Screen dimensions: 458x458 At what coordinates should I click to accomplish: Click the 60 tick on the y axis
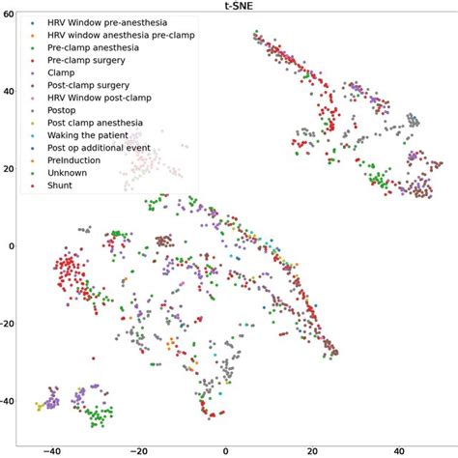(x=10, y=16)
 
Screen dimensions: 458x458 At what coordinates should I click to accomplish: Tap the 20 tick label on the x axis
(x=311, y=449)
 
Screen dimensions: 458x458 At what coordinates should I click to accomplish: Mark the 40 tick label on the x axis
(x=398, y=449)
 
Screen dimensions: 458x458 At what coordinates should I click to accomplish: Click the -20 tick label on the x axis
(x=138, y=449)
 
